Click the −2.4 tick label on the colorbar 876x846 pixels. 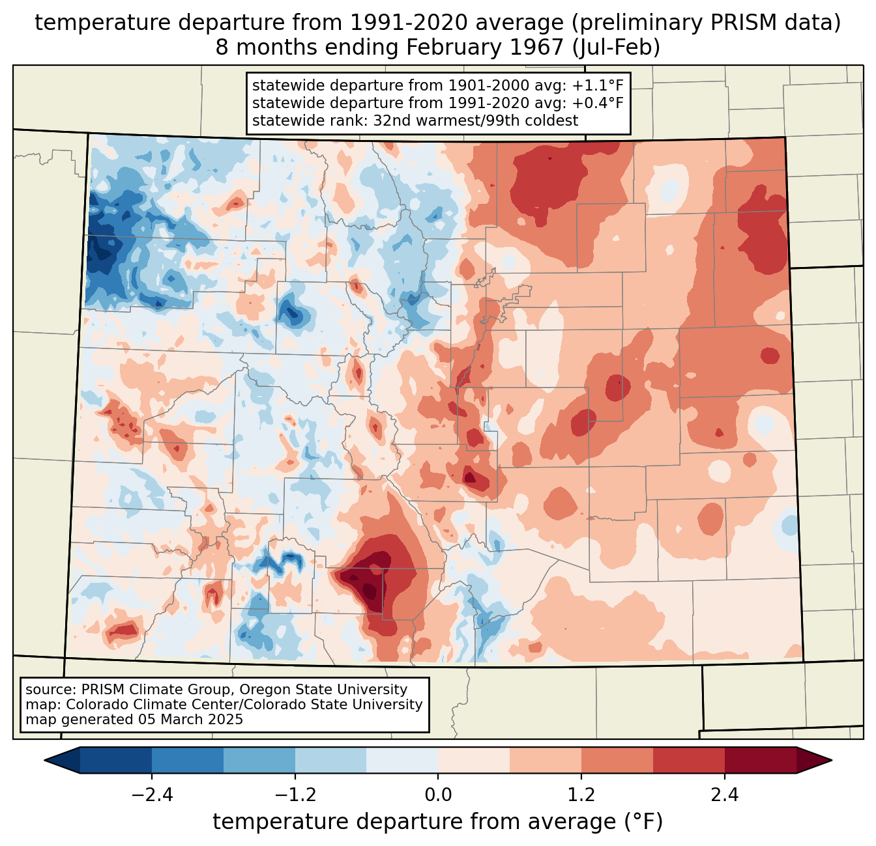pos(152,795)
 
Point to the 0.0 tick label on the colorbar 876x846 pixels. pos(438,795)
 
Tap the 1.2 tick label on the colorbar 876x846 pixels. pos(581,795)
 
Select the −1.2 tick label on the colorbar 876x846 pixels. pos(295,795)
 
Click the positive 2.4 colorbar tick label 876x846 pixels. pos(724,795)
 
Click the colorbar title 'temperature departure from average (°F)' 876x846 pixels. pos(438,822)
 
